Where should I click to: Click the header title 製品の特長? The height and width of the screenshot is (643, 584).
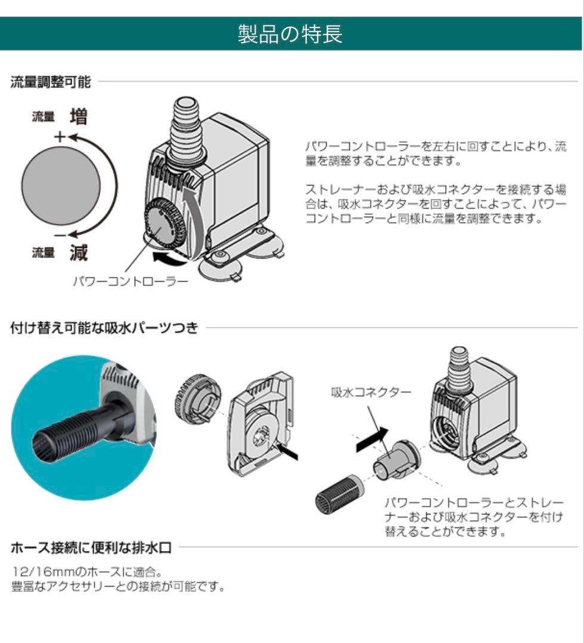coord(291,34)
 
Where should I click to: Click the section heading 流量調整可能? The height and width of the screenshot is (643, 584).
coord(51,82)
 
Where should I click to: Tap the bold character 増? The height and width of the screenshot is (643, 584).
coord(79,117)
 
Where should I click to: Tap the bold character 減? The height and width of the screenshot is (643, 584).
coord(79,253)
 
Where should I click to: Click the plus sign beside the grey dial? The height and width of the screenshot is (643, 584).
coord(59,136)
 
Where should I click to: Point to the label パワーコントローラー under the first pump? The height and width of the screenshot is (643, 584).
coord(130,280)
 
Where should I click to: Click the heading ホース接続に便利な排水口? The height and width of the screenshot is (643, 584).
coord(92,547)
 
